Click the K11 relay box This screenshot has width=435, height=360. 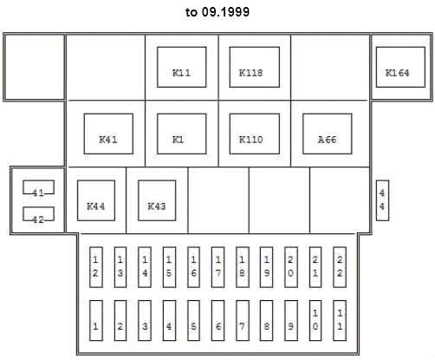182,67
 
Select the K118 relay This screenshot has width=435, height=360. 255,67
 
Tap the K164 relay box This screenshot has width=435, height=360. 400,67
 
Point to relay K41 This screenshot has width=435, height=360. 108,134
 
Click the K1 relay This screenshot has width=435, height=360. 182,134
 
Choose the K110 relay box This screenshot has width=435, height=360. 255,134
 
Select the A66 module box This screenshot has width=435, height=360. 328,134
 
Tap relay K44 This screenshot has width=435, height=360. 96,200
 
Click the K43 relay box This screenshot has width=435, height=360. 157,200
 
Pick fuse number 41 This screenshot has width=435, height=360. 38,187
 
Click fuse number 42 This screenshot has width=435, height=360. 38,214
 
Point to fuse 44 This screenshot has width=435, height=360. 382,200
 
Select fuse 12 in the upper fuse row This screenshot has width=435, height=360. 96,267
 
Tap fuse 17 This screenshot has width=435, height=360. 217,267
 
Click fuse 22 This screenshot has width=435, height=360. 340,267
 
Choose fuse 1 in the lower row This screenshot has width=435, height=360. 96,320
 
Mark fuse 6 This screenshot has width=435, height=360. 217,320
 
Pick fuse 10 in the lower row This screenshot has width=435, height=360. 315,320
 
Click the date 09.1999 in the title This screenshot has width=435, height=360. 225,12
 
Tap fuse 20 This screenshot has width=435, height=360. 291,267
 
